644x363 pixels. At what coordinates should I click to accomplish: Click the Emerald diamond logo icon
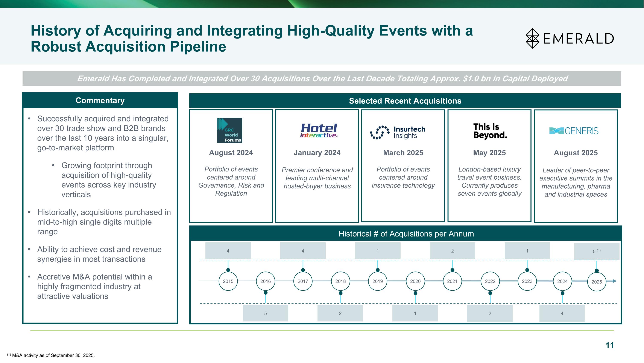tap(533, 38)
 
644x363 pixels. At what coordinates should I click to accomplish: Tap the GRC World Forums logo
tap(229, 130)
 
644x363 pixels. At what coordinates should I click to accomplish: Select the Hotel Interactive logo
tap(319, 131)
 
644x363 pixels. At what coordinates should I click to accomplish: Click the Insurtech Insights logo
tap(398, 132)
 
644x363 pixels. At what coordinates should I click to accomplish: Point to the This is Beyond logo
tap(490, 131)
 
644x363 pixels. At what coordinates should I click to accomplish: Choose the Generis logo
tap(574, 131)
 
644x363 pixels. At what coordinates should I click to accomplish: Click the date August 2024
tap(231, 153)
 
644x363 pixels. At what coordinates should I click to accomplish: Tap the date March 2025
tap(403, 153)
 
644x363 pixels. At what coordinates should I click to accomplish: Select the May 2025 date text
tap(489, 153)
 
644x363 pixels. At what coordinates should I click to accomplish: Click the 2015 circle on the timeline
tap(228, 281)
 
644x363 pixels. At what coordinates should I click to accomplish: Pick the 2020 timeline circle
tap(415, 281)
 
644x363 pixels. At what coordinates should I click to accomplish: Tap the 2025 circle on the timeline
tap(597, 282)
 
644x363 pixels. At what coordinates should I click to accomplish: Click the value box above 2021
tap(452, 251)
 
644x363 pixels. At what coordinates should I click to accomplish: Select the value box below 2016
tap(265, 313)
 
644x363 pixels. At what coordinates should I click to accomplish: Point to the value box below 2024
tap(562, 313)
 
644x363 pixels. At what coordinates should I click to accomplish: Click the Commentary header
tap(100, 100)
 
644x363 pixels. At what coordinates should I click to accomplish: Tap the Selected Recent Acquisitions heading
tap(405, 101)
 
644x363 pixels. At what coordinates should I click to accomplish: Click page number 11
tap(609, 345)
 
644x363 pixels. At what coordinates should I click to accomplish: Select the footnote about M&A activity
tap(51, 355)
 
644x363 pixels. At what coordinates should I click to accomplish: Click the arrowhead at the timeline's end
tap(615, 281)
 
